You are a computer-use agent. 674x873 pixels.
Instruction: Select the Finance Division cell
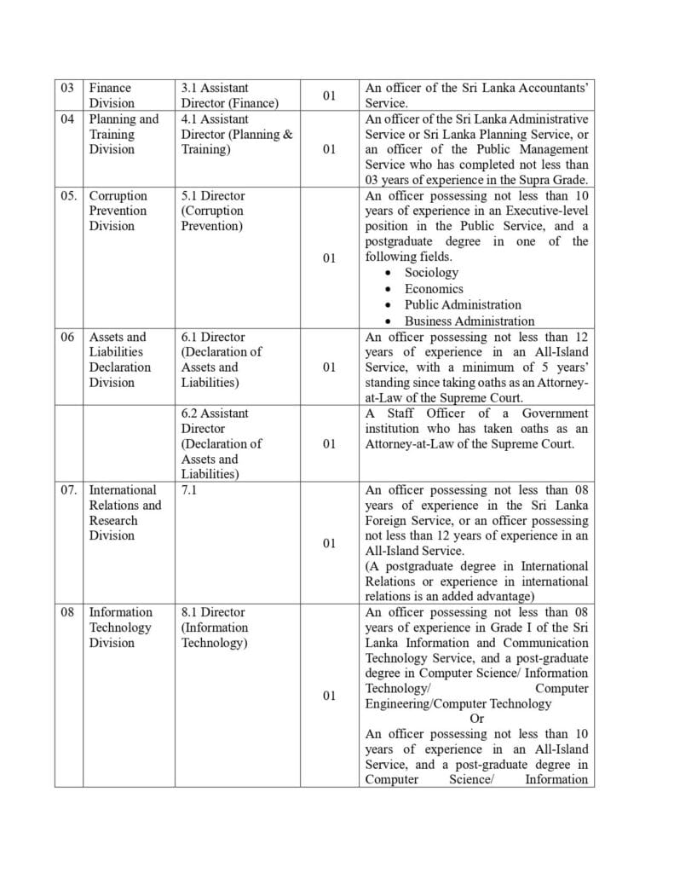point(112,95)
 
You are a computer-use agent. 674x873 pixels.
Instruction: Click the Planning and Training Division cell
point(124,134)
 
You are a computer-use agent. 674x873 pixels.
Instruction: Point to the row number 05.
point(70,196)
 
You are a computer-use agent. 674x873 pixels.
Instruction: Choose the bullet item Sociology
point(431,273)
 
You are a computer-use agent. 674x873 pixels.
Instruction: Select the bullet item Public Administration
point(463,304)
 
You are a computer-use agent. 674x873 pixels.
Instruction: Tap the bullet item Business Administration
point(469,321)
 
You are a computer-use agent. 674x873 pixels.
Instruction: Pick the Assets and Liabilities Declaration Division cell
point(120,360)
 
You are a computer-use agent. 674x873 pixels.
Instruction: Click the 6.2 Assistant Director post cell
point(222,443)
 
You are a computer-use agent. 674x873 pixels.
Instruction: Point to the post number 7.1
point(190,490)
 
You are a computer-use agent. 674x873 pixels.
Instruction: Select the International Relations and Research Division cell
point(124,512)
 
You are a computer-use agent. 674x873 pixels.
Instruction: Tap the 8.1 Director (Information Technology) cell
point(215,627)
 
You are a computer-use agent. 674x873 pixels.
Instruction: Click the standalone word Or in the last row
point(477,719)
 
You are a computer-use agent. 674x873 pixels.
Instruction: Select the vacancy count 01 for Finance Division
point(328,95)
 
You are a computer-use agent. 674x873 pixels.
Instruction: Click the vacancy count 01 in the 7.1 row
point(328,543)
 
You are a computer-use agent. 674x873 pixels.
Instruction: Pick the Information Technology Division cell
point(121,627)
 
